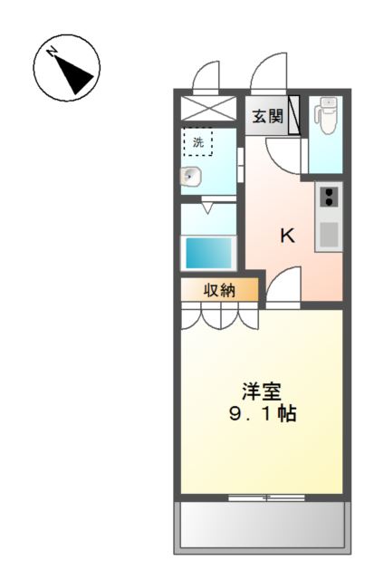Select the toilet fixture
click(324, 118)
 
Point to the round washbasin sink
click(191, 176)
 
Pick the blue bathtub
click(209, 252)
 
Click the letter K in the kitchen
click(287, 236)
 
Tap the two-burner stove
click(328, 197)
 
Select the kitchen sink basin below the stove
click(328, 234)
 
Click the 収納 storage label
click(219, 290)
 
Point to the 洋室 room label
click(262, 391)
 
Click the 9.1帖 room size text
click(262, 415)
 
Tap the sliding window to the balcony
click(265, 498)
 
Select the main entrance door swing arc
click(269, 74)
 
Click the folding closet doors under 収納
click(218, 316)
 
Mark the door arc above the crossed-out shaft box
click(206, 77)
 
